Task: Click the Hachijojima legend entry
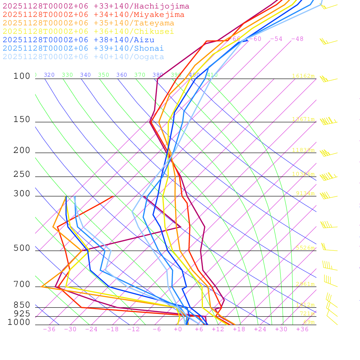point(96,6)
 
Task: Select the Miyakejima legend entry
point(94,15)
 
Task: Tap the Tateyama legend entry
point(89,23)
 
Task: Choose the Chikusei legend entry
point(88,32)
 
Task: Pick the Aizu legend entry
point(78,40)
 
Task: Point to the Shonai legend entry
point(83,49)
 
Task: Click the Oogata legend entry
point(83,57)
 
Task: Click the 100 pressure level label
point(22,76)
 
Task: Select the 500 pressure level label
point(22,249)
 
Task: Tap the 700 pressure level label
point(22,284)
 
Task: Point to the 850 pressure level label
point(22,305)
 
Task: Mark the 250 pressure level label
point(22,174)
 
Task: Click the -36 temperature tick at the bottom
point(49,329)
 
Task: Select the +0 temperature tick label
point(178,329)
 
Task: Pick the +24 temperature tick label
point(260,329)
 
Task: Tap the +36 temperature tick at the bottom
point(302,329)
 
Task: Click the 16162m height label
point(303,76)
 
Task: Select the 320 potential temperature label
point(49,75)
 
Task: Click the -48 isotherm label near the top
point(297,39)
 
